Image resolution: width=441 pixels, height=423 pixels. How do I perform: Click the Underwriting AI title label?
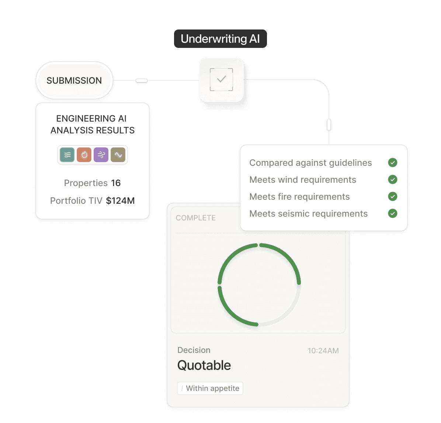[x=220, y=39]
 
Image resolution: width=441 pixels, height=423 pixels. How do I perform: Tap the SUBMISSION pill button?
[x=74, y=80]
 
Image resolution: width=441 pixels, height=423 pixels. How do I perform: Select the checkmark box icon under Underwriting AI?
[x=221, y=80]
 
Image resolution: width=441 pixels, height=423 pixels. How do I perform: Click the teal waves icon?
[x=67, y=155]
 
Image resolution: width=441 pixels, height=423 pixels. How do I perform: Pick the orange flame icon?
[x=84, y=155]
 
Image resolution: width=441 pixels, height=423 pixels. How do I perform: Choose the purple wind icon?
[x=101, y=155]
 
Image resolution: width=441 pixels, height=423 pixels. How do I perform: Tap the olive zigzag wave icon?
[x=118, y=155]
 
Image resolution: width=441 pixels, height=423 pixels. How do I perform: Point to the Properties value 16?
[x=116, y=183]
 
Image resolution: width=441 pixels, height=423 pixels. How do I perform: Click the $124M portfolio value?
[x=120, y=201]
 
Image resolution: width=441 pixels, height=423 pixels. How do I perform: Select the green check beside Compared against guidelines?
[x=393, y=162]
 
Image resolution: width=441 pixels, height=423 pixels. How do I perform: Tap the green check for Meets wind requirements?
[x=393, y=179]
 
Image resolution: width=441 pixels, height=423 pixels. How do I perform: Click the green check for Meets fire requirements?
[x=393, y=196]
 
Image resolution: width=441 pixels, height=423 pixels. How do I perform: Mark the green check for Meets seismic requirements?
[x=393, y=213]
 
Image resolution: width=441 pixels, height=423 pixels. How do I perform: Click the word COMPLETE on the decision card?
[x=196, y=218]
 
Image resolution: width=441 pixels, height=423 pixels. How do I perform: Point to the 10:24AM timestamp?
[x=323, y=351]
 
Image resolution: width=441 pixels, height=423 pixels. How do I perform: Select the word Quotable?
[x=204, y=366]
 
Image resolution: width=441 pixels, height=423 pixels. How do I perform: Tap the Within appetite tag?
[x=210, y=388]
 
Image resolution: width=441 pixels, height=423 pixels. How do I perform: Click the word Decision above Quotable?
[x=194, y=350]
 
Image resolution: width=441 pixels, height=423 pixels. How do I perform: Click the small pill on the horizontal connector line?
[x=142, y=80]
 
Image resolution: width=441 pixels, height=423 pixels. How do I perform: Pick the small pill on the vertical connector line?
[x=329, y=125]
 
